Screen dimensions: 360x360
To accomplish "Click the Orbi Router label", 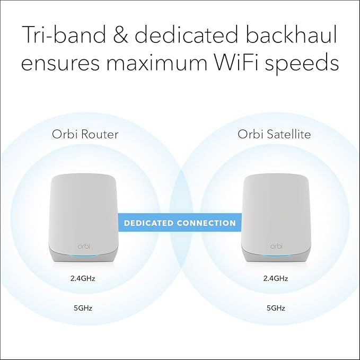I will pyautogui.click(x=85, y=135).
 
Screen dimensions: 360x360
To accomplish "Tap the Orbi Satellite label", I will pyautogui.click(x=274, y=135).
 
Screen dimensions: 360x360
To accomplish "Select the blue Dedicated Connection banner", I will pyautogui.click(x=180, y=223).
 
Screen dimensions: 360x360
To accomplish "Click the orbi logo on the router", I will pyautogui.click(x=84, y=246).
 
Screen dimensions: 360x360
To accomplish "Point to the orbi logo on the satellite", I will pyautogui.click(x=275, y=246).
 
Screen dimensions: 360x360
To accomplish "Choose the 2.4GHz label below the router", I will pyautogui.click(x=85, y=278).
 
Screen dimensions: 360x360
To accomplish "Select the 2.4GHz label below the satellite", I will pyautogui.click(x=275, y=278).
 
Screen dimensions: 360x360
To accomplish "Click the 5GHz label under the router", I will pyautogui.click(x=85, y=307).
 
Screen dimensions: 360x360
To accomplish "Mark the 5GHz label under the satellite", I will pyautogui.click(x=275, y=307).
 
